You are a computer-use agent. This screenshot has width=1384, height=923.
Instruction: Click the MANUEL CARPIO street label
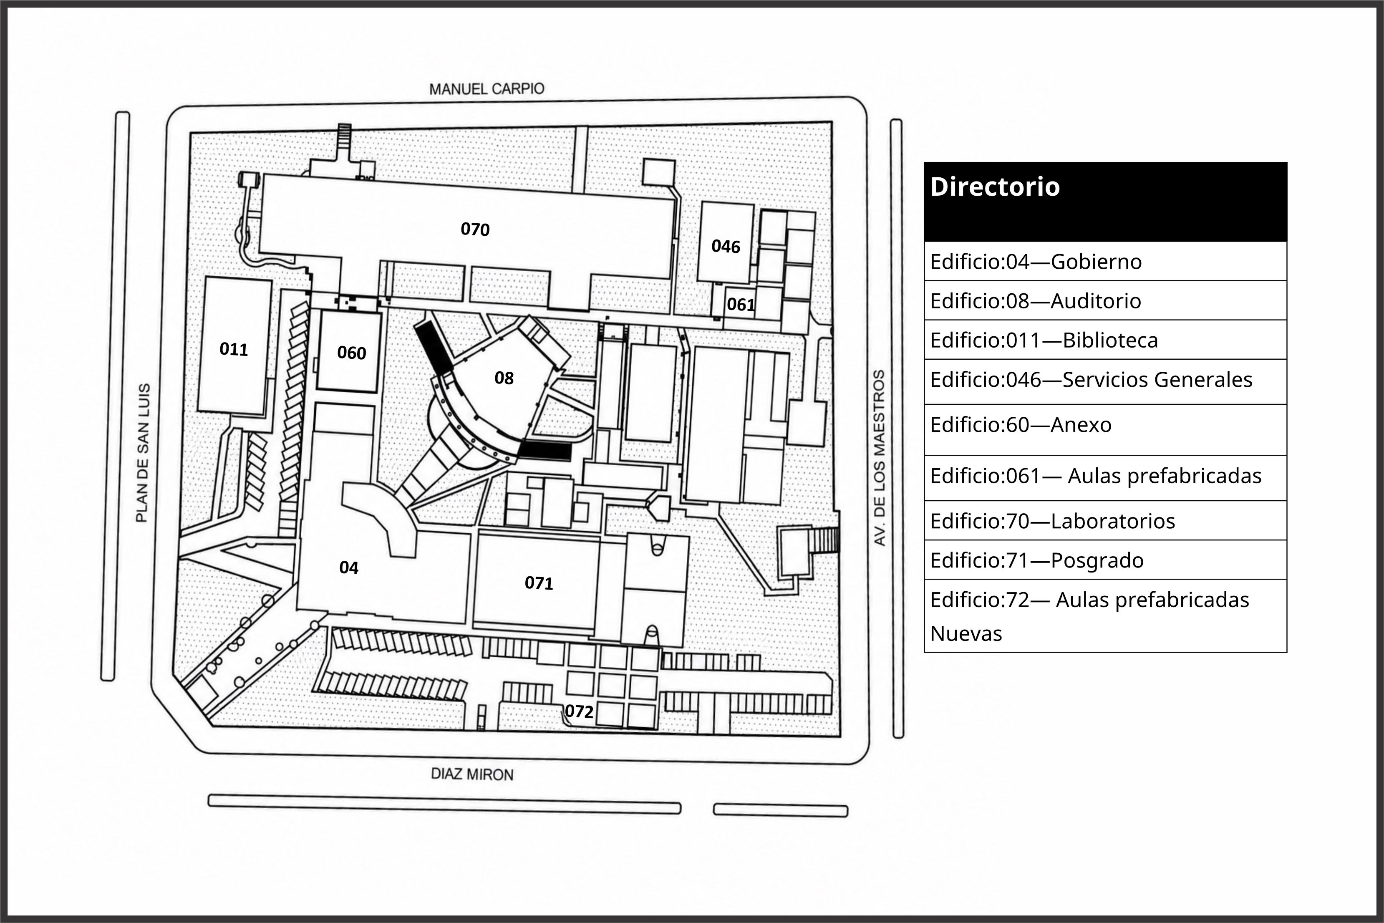[x=487, y=89]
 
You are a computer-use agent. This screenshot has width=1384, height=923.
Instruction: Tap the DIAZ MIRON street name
[x=472, y=774]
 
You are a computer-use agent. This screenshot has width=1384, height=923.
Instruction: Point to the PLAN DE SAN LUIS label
[x=142, y=453]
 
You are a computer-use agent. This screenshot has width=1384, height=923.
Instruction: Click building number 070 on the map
[x=475, y=229]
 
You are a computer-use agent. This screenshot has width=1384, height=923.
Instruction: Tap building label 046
[x=726, y=246]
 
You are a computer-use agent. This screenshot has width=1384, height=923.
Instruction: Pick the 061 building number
[x=740, y=304]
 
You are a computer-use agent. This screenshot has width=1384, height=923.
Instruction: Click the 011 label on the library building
[x=234, y=349]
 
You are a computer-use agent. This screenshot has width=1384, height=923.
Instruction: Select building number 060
[x=351, y=353]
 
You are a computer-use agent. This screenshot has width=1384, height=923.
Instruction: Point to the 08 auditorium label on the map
[x=504, y=378]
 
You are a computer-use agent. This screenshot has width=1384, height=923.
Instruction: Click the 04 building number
[x=348, y=567]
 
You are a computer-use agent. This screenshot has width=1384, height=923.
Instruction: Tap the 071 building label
[x=538, y=583]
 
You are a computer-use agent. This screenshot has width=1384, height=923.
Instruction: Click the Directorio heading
[x=994, y=187]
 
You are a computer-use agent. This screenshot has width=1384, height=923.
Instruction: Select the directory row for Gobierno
[x=1106, y=261]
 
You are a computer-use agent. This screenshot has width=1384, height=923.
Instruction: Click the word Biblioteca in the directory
[x=1110, y=340]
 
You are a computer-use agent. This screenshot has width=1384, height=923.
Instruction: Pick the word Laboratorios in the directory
[x=1113, y=521]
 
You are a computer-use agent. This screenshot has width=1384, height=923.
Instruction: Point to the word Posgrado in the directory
[x=1097, y=560]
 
